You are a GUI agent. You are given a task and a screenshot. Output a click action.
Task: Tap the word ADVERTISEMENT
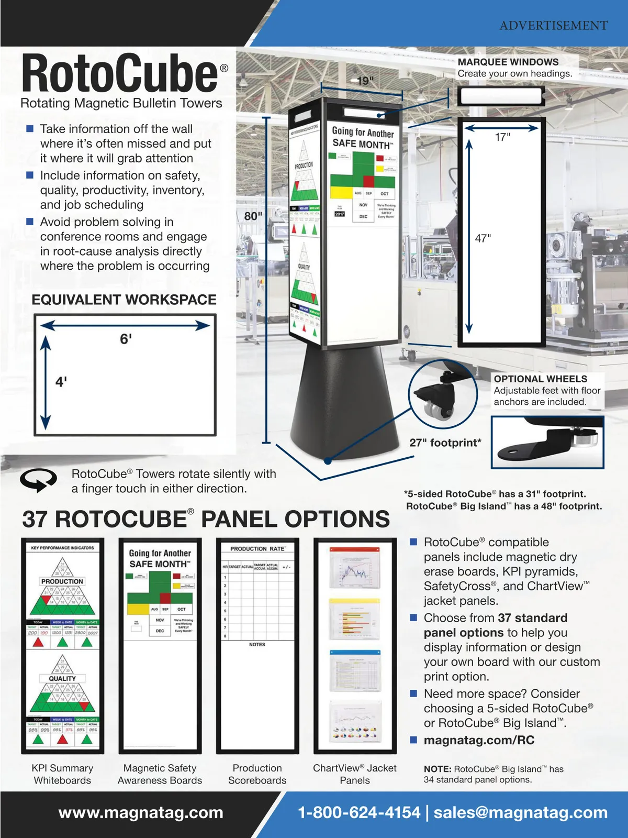[x=553, y=25]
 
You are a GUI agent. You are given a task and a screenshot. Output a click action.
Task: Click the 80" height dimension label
[x=253, y=216]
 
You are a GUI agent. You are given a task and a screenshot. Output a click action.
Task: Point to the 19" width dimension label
[x=365, y=81]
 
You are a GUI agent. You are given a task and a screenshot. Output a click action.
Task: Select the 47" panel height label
[x=483, y=238]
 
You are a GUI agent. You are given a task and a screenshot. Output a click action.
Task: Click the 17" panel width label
[x=502, y=137]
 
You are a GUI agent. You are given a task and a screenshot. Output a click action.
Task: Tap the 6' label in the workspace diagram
[x=126, y=339]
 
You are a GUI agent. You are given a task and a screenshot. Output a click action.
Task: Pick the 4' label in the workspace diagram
[x=61, y=381]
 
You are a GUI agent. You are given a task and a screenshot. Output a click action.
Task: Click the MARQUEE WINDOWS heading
[x=508, y=62]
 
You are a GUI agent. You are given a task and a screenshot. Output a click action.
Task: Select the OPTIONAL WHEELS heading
[x=540, y=379]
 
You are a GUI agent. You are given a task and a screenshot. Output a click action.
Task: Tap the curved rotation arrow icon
[x=38, y=479]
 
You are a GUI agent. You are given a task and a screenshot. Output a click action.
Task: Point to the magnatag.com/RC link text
[x=479, y=740]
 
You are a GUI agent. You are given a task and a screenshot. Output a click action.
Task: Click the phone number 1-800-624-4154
[x=358, y=812]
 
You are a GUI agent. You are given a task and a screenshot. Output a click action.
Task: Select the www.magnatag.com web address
[x=141, y=812]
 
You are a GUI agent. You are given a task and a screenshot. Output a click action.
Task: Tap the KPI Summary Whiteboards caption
[x=62, y=774]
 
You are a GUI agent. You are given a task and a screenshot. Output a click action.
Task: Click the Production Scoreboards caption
[x=257, y=774]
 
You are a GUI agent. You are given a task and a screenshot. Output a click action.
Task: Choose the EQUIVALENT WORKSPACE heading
[x=124, y=300]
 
